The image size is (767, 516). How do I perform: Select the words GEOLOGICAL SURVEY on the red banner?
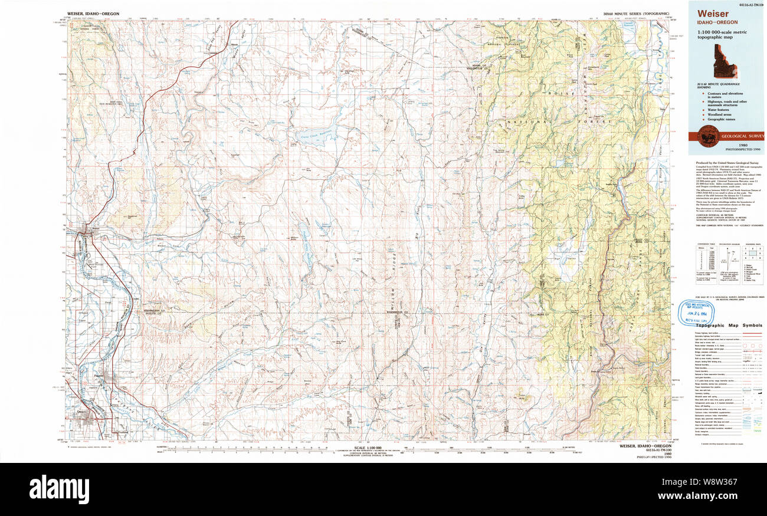pyautogui.click(x=742, y=137)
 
